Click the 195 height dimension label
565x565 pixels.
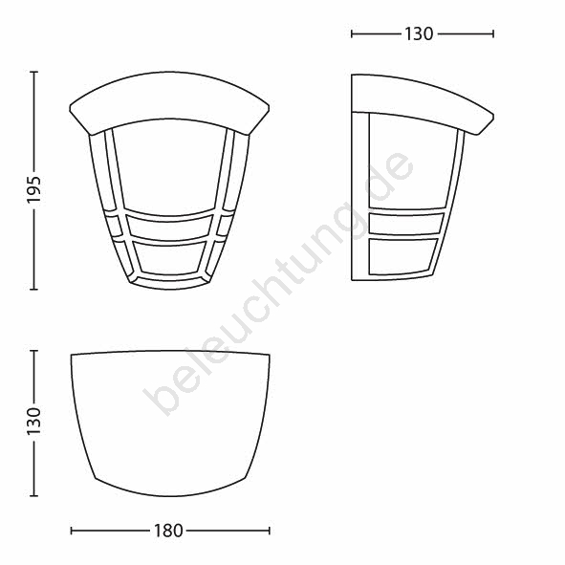tap(34, 190)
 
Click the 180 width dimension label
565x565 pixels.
tap(168, 531)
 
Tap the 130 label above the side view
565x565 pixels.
tap(419, 34)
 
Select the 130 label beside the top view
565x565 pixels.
tap(34, 421)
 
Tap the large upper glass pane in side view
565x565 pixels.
tap(411, 163)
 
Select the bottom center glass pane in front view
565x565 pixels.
tap(169, 257)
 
